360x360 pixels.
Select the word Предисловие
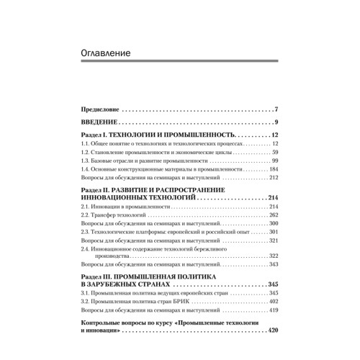point(99,110)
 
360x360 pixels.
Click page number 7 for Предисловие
point(276,110)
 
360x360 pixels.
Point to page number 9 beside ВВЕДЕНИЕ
point(276,123)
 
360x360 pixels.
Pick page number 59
point(275,153)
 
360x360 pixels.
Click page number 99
point(275,161)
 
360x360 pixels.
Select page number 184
point(274,170)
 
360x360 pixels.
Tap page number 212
point(274,179)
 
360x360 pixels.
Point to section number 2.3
point(86,232)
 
